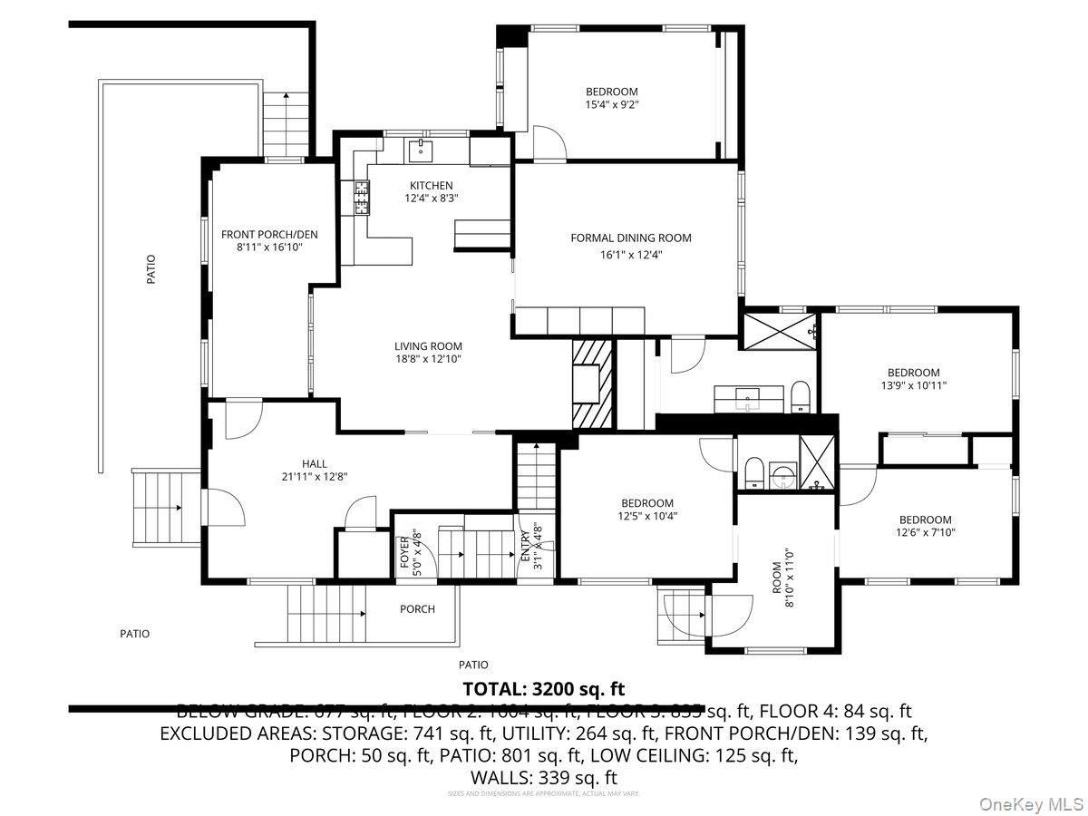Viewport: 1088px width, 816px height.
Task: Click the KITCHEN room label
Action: coord(431,185)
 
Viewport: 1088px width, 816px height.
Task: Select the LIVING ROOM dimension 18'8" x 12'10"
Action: coord(428,359)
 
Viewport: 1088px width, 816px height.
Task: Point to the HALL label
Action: coord(315,463)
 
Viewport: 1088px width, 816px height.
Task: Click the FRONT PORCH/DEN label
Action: coord(257,235)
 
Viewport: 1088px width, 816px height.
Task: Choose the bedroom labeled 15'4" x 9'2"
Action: coord(611,104)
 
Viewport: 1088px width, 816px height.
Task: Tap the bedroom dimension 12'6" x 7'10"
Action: coord(925,533)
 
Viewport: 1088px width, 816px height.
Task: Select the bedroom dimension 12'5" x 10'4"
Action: coord(647,517)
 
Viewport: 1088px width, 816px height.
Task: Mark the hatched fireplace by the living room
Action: coord(594,382)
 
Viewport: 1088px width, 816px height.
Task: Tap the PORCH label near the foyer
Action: coord(417,609)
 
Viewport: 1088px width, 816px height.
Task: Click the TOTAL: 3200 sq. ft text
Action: coord(543,688)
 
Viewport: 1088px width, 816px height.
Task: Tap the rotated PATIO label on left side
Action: coord(151,269)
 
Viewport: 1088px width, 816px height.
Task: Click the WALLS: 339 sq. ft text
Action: coord(543,777)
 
